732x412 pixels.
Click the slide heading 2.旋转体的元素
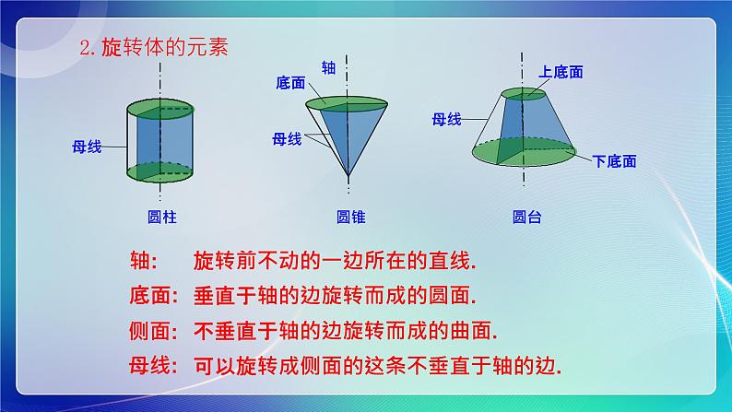point(153,49)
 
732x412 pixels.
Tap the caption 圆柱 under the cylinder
point(161,218)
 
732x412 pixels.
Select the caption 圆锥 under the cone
point(350,218)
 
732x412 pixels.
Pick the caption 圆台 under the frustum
point(526,218)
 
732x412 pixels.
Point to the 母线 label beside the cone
point(288,139)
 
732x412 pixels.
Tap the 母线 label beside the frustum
point(446,118)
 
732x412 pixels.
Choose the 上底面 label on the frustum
point(561,71)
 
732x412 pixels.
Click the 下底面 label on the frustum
point(614,161)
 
